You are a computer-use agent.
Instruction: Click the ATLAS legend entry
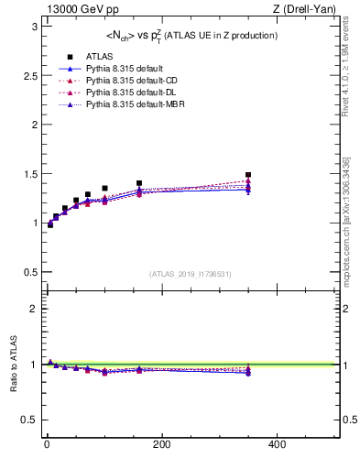tap(87, 56)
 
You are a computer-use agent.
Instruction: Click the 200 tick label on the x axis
tap(162, 444)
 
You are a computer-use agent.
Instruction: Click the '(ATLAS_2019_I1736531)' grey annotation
tap(191, 274)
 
